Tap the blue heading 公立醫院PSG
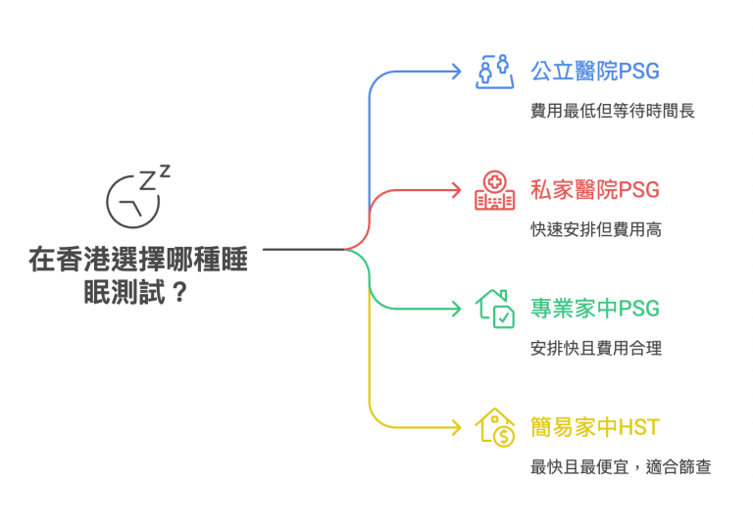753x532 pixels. click(x=595, y=72)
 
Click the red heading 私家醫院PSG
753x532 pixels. click(x=595, y=190)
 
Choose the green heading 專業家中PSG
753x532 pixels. click(x=595, y=309)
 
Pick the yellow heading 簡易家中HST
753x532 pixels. click(x=595, y=427)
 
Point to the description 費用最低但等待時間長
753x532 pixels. click(x=613, y=111)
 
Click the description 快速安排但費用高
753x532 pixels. click(x=596, y=229)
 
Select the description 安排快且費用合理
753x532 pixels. click(x=596, y=348)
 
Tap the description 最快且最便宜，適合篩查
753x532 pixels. click(x=621, y=466)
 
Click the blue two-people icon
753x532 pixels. click(x=495, y=72)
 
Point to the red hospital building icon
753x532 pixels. click(x=495, y=190)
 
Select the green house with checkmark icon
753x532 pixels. click(x=495, y=308)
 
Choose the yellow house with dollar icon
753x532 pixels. click(x=495, y=426)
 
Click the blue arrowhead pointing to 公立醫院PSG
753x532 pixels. click(x=454, y=71)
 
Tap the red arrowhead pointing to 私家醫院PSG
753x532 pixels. click(x=454, y=189)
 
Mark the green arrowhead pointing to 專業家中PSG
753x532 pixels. click(x=454, y=309)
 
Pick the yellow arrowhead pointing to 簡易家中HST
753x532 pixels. click(x=454, y=427)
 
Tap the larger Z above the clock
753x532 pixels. click(x=147, y=180)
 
